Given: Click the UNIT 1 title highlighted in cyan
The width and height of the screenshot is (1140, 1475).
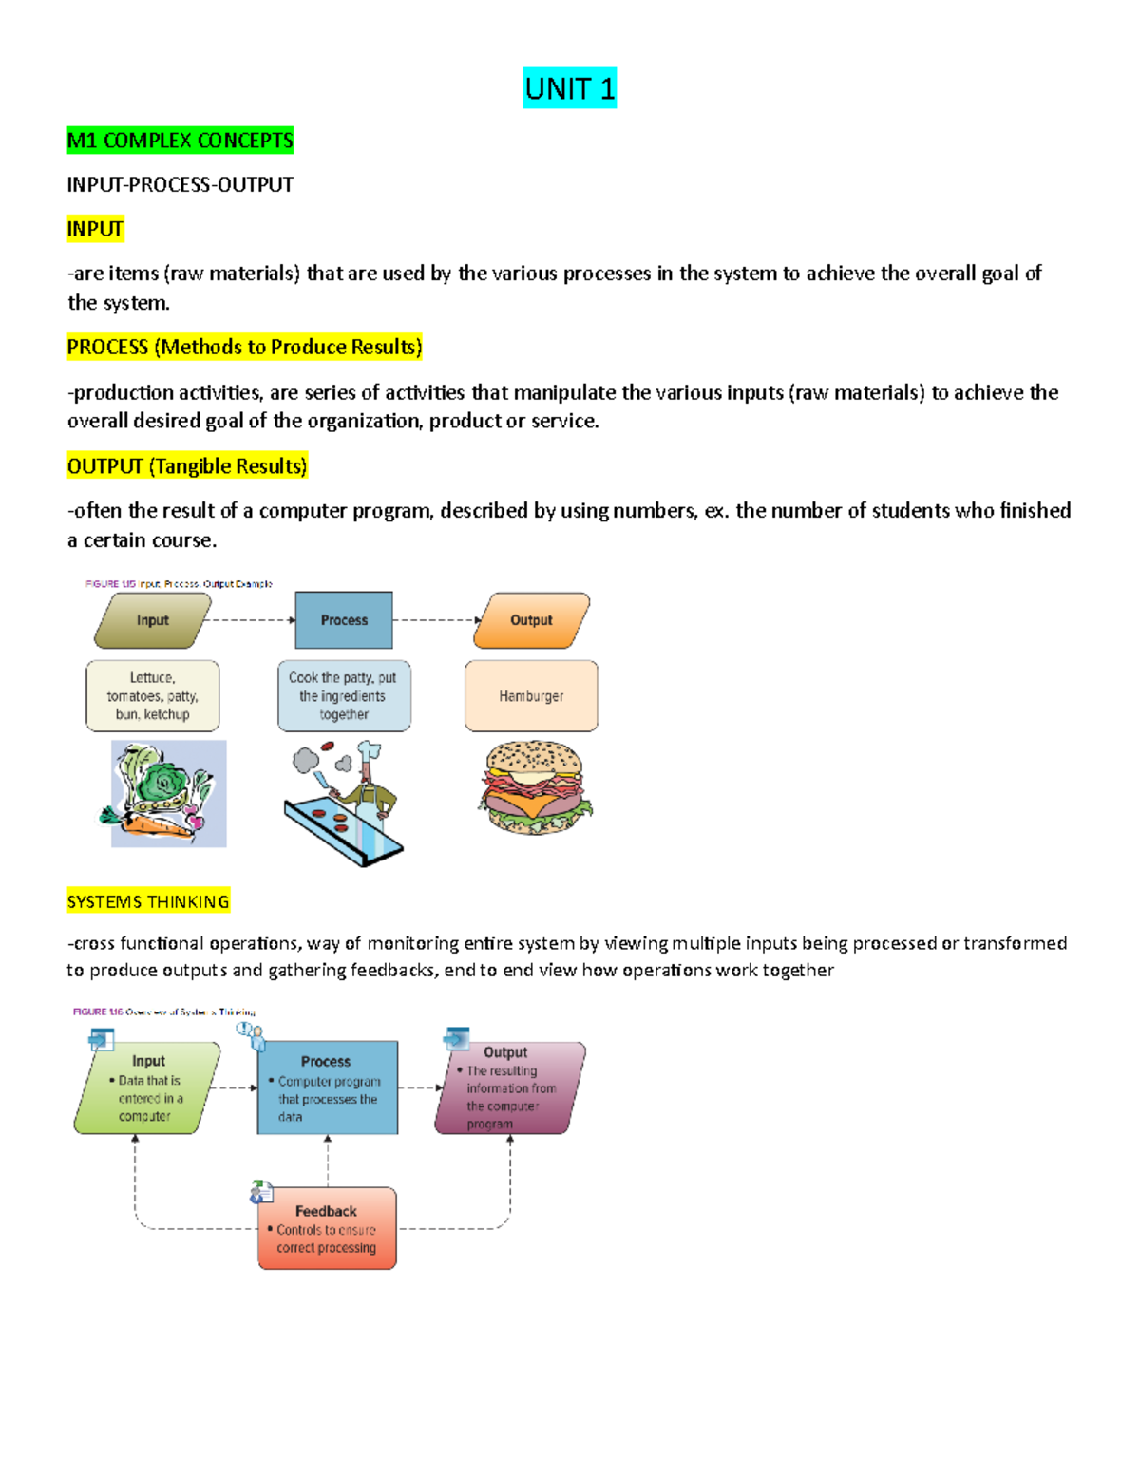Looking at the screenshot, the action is pos(569,88).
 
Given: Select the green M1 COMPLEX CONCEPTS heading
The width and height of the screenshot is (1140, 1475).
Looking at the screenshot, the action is pos(180,141).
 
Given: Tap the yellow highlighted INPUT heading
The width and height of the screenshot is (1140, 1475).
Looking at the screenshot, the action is pos(95,229).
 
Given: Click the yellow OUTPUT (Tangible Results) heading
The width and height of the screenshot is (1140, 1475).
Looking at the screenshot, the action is pos(187,466).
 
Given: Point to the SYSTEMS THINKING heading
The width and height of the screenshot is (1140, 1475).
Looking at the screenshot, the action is pos(148,901).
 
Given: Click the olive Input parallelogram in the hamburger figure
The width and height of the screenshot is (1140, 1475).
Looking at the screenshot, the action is pos(152,620).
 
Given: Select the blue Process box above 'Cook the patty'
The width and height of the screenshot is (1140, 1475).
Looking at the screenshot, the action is pos(344,620).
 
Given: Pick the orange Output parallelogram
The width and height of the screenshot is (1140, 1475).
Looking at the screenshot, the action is pos(531,620).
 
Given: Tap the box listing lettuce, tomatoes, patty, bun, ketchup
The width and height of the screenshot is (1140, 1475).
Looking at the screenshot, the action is pos(153,696).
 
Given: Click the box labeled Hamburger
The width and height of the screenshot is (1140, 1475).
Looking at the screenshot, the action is pos(531,696).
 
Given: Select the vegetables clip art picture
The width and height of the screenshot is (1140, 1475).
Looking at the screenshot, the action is pos(168,794).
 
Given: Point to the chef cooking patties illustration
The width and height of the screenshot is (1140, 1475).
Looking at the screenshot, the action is pos(345,804).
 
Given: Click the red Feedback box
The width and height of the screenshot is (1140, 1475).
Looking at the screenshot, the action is pos(327,1228).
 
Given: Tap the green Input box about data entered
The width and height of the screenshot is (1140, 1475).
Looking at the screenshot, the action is pos(147,1088).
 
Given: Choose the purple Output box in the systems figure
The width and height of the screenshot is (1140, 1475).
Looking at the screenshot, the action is pos(510,1088).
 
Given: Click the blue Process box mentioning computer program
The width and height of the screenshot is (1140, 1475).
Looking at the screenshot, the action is pos(327,1087).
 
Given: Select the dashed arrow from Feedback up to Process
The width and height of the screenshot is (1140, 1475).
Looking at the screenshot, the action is pos(328,1161).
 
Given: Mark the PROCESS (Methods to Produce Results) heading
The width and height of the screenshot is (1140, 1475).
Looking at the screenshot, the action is pos(244,348).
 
